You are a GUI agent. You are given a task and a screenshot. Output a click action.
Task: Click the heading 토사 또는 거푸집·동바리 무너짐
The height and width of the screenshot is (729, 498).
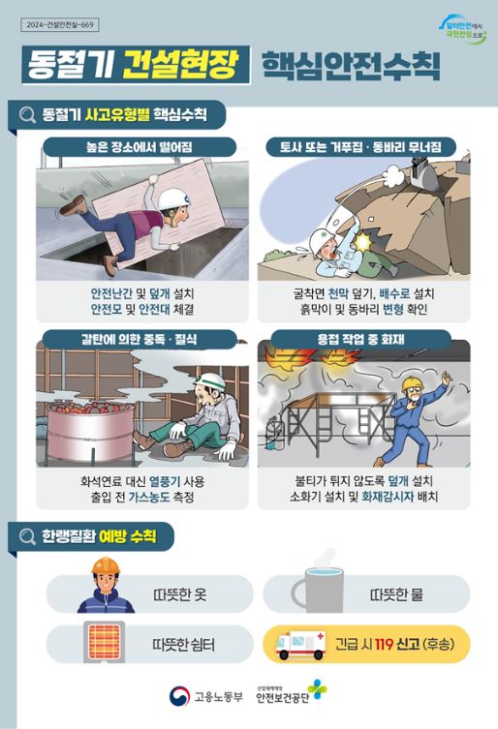[x=360, y=146]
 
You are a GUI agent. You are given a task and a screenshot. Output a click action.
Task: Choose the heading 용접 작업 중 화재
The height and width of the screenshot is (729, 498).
[x=361, y=339]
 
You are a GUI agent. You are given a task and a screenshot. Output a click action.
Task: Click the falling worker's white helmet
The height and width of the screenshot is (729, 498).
[x=172, y=198]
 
